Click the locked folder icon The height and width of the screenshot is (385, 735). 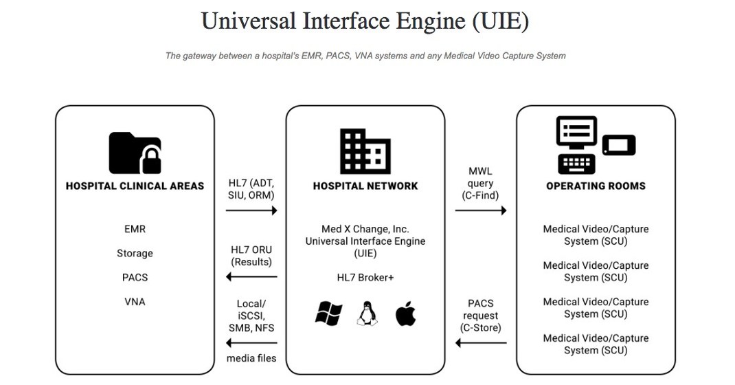pyautogui.click(x=135, y=152)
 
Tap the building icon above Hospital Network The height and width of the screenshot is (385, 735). pyautogui.click(x=365, y=151)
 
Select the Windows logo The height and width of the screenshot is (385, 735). pyautogui.click(x=328, y=314)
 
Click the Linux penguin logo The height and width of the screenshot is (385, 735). pyautogui.click(x=367, y=314)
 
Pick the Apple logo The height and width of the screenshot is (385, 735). pyautogui.click(x=405, y=314)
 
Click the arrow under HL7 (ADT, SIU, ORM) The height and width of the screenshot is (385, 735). pyautogui.click(x=251, y=210)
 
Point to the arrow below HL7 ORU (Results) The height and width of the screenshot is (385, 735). pyautogui.click(x=251, y=277)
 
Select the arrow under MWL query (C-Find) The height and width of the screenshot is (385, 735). pyautogui.click(x=480, y=210)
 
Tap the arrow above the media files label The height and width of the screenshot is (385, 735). pyautogui.click(x=251, y=343)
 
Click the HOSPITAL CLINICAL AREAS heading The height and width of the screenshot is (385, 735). pyautogui.click(x=135, y=186)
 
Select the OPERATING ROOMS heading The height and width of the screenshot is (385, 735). pyautogui.click(x=596, y=186)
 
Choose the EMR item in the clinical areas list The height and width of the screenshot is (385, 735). pyautogui.click(x=135, y=229)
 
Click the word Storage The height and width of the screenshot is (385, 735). pyautogui.click(x=135, y=253)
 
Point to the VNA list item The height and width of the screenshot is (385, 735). pyautogui.click(x=135, y=301)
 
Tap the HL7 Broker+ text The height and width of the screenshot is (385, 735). pyautogui.click(x=365, y=277)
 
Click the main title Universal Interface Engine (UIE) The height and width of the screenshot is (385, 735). pyautogui.click(x=365, y=21)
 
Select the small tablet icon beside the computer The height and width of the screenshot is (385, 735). pyautogui.click(x=619, y=145)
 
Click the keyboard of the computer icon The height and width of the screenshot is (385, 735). pyautogui.click(x=576, y=164)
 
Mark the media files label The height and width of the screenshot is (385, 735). pyautogui.click(x=251, y=357)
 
